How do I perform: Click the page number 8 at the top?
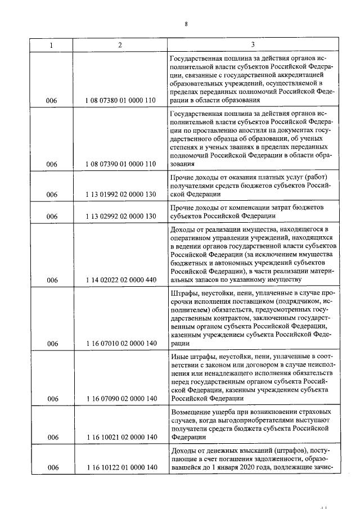click(x=185, y=24)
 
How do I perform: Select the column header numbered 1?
click(x=52, y=44)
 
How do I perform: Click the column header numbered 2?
click(x=120, y=44)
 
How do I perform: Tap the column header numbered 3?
click(x=253, y=44)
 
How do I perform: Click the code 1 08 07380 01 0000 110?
click(x=120, y=100)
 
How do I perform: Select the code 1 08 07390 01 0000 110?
click(x=120, y=164)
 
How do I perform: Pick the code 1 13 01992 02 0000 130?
click(x=120, y=195)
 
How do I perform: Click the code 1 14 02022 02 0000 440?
click(x=120, y=280)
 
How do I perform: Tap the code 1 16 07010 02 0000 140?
click(x=120, y=343)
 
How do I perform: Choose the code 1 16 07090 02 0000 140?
click(x=120, y=399)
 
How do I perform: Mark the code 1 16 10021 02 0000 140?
click(x=120, y=436)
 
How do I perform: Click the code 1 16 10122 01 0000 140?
click(x=120, y=467)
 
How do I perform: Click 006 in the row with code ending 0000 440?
click(x=52, y=280)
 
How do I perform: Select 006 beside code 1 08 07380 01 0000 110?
click(x=52, y=100)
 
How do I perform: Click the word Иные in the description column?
click(x=178, y=357)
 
